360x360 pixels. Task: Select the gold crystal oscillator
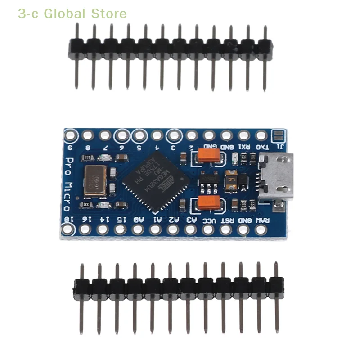(95, 180)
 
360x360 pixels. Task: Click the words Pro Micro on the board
(68, 184)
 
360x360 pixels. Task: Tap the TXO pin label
(261, 147)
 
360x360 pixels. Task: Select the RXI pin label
(244, 147)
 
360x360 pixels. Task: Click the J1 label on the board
(279, 147)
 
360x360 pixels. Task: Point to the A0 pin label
(138, 220)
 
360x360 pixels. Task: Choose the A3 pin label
(191, 220)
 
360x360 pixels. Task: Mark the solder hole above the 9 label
(70, 135)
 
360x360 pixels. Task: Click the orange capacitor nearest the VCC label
(209, 203)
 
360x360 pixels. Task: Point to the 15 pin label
(120, 220)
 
